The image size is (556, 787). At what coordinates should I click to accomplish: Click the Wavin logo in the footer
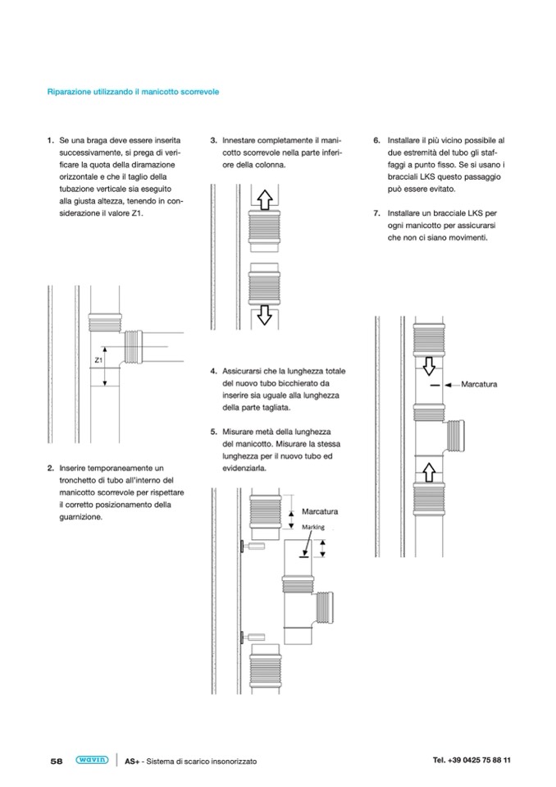point(92,760)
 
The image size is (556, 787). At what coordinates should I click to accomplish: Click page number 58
point(57,761)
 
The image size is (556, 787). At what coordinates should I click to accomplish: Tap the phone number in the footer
point(472,760)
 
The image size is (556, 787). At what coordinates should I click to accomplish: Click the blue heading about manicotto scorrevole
point(133,92)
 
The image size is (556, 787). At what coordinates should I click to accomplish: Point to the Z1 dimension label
point(98,360)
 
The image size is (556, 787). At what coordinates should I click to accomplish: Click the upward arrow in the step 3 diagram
point(265,199)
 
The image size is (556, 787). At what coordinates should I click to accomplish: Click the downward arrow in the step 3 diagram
point(264,315)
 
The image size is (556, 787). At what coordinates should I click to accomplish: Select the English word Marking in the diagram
point(313,527)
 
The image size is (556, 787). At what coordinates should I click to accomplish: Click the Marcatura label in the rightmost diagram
point(479,384)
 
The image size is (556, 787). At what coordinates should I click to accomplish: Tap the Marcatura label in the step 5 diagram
point(320,511)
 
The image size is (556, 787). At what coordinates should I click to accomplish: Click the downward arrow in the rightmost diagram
point(429,366)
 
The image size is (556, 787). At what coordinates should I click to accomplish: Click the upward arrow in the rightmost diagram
point(429,473)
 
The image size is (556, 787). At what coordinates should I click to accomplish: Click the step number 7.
point(376,213)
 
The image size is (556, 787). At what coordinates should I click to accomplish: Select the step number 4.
point(213,372)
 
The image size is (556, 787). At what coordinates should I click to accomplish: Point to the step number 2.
point(51,469)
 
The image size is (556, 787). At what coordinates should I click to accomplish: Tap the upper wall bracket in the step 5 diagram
point(253,546)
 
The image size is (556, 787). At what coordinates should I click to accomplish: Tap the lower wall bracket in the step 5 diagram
point(253,638)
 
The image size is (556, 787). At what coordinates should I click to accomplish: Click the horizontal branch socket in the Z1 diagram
point(134,346)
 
